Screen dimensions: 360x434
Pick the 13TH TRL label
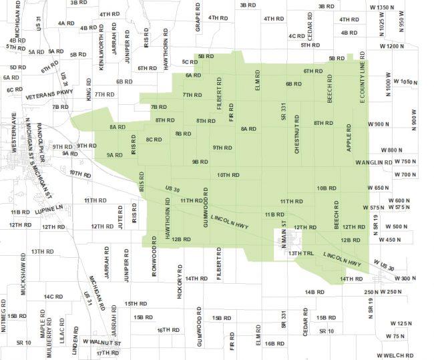(300, 254)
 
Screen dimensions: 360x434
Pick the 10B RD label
(326, 188)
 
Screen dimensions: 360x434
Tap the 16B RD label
(274, 343)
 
